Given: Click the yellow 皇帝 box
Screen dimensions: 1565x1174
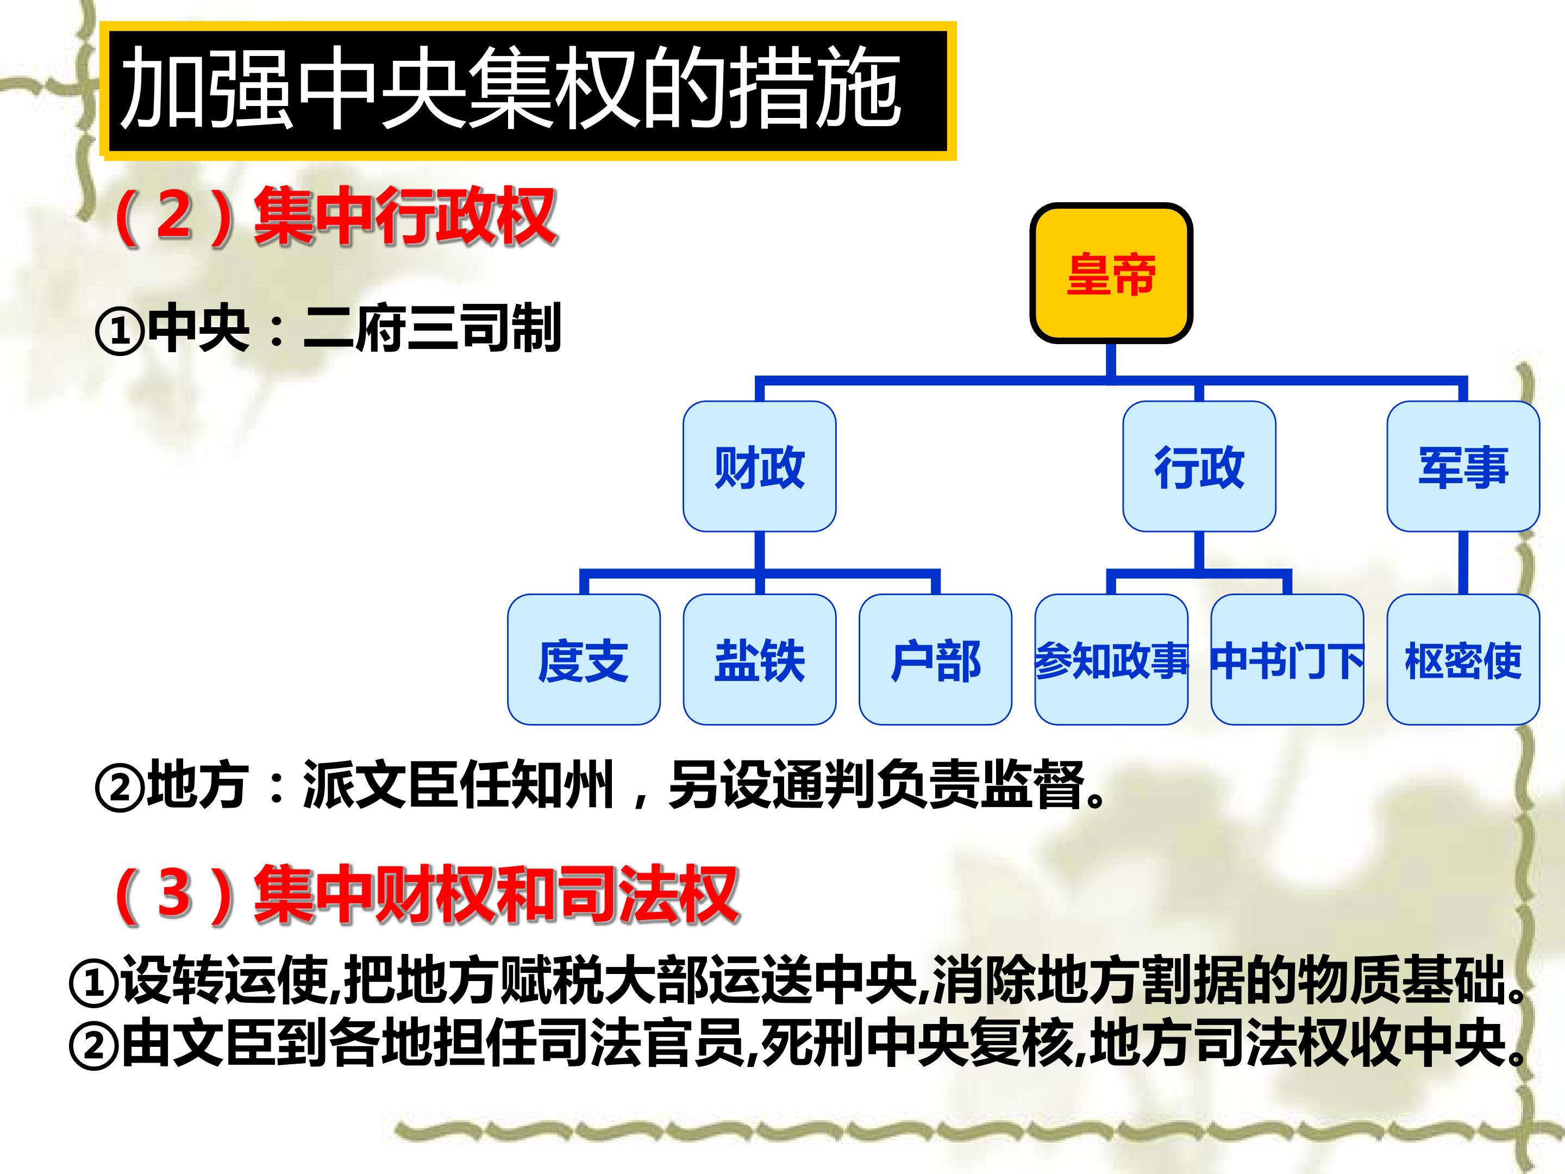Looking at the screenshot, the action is click(x=1111, y=273).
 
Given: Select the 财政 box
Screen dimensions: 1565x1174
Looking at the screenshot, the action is click(x=759, y=466).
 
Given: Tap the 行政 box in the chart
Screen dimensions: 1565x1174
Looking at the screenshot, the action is click(x=1199, y=466).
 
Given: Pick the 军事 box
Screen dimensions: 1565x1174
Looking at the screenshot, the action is click(x=1463, y=466).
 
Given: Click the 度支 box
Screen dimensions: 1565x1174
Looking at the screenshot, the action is click(x=584, y=659).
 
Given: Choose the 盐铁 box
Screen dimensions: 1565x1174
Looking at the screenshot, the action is click(x=759, y=659).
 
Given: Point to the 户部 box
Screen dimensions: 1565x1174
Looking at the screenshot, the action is click(x=935, y=659).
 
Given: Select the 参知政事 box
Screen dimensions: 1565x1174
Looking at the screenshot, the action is click(x=1111, y=659).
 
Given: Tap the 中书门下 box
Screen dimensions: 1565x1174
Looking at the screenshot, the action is click(x=1287, y=659).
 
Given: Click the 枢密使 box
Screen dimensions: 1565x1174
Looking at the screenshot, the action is click(x=1463, y=659).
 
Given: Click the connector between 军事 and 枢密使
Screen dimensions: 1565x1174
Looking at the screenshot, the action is click(x=1463, y=563).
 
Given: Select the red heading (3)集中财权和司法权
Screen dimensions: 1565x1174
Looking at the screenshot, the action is click(x=426, y=895).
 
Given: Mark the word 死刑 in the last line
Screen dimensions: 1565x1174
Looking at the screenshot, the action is click(x=813, y=1043).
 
